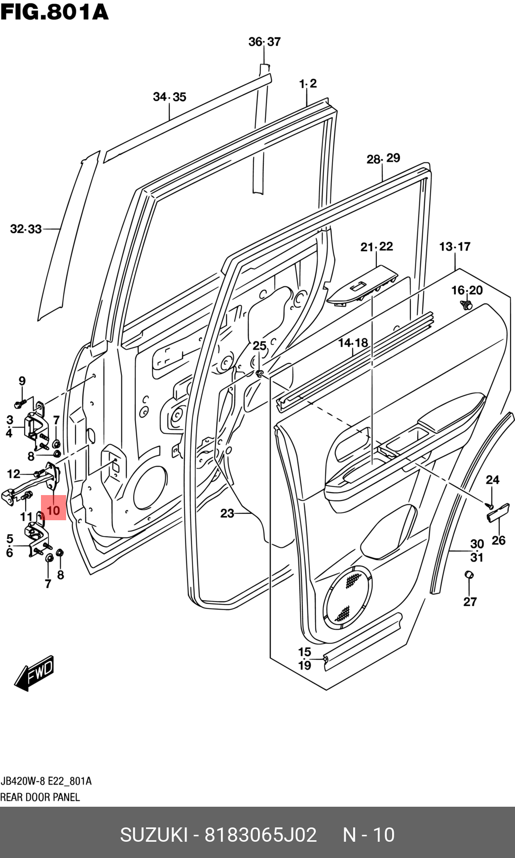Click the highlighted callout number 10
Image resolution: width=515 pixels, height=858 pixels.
[53, 510]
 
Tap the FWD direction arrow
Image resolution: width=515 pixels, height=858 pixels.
[34, 673]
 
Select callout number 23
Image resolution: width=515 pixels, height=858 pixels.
[227, 513]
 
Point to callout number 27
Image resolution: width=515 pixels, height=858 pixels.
[470, 602]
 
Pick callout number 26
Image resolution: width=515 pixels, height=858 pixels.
[499, 540]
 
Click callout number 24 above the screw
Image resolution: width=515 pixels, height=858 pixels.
[492, 479]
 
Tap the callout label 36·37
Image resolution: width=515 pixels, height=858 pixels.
[264, 42]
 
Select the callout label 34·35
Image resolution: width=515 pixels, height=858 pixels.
[170, 97]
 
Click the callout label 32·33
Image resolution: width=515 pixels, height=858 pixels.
[26, 229]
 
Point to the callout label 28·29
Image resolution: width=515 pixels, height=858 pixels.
[383, 158]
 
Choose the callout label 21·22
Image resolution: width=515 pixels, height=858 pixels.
[376, 247]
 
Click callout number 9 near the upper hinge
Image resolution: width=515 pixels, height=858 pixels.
[22, 381]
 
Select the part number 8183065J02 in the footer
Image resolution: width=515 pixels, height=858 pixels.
[260, 834]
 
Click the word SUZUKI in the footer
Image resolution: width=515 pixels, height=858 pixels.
[153, 834]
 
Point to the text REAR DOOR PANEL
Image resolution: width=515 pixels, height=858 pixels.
[40, 797]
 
